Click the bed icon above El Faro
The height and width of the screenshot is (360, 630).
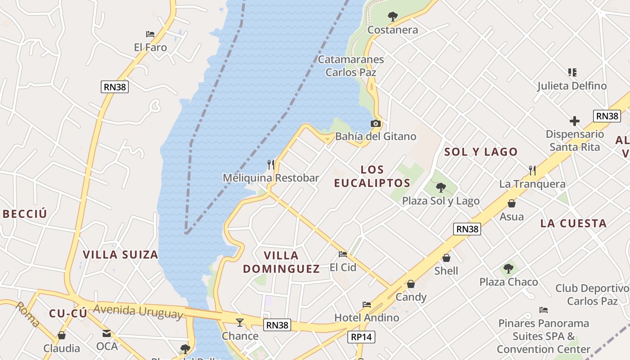click(150, 34)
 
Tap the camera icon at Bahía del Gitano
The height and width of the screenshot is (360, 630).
click(375, 123)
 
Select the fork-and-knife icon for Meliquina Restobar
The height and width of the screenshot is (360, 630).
click(271, 165)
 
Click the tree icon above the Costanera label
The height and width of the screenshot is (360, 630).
click(393, 17)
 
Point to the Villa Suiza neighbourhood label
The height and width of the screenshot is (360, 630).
click(121, 255)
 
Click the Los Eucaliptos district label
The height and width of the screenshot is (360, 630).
click(372, 176)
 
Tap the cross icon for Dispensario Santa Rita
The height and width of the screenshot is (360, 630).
click(575, 121)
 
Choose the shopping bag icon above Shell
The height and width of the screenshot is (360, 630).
click(446, 258)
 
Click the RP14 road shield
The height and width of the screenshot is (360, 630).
click(361, 337)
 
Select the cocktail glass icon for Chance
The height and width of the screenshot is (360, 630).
click(240, 322)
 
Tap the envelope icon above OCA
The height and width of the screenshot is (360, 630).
click(107, 333)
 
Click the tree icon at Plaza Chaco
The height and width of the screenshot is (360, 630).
click(508, 269)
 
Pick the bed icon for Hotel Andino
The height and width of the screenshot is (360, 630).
click(367, 305)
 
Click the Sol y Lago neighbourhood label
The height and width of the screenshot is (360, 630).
click(481, 152)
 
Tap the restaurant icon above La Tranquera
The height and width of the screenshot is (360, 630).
click(532, 170)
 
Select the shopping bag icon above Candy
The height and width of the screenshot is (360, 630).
click(411, 284)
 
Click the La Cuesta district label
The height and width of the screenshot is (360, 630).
click(573, 223)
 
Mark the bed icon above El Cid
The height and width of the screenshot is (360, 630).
click(343, 254)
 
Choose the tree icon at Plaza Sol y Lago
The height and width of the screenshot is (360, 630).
click(441, 188)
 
